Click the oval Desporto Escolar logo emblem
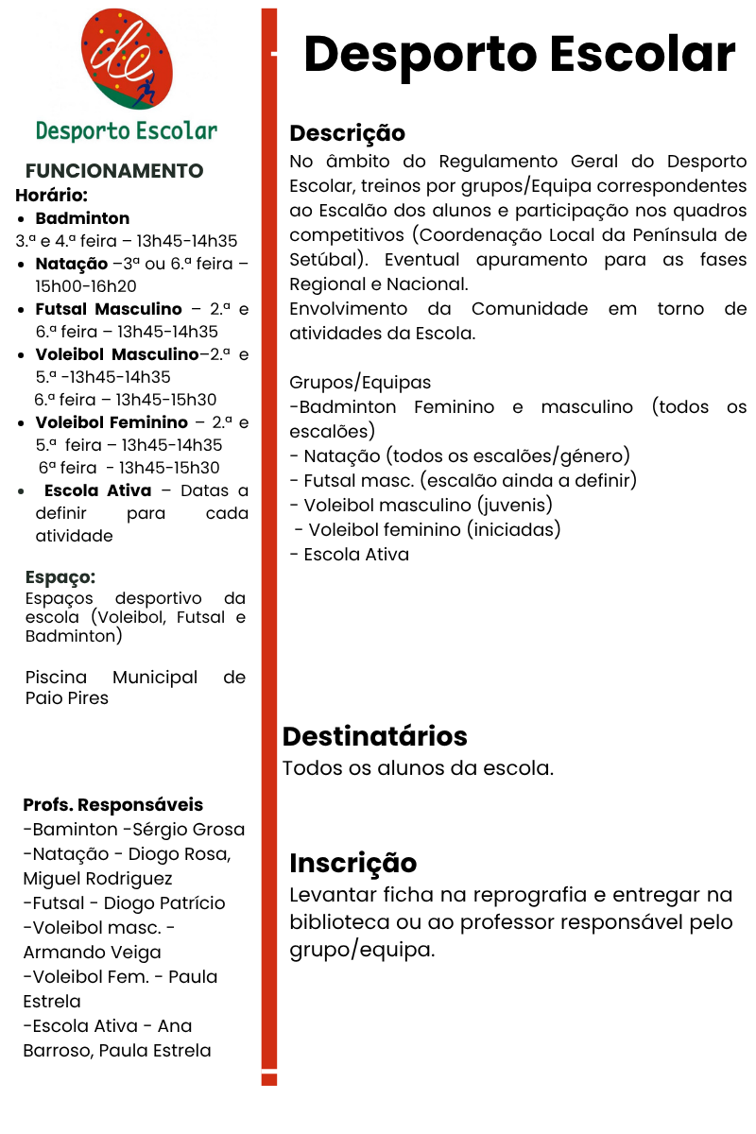[x=128, y=60]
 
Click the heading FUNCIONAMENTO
[x=114, y=171]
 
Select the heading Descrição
[x=347, y=132]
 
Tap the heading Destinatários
[x=375, y=736]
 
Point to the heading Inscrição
[x=352, y=863]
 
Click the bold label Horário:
[x=51, y=196]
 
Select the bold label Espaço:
[x=60, y=577]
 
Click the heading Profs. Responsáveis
[x=113, y=805]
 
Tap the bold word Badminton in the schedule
[x=82, y=218]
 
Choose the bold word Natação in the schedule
[x=72, y=264]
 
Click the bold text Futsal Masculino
[x=109, y=309]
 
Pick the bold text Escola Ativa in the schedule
[x=97, y=490]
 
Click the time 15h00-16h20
[x=86, y=286]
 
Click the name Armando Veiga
[x=92, y=953]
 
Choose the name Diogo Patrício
[x=164, y=903]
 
